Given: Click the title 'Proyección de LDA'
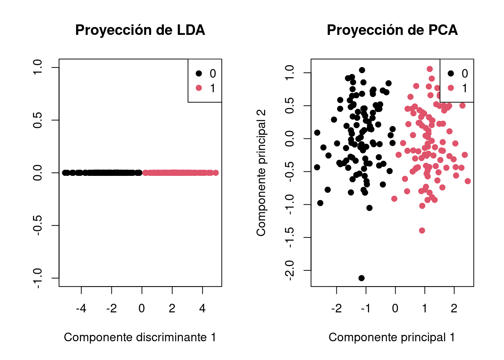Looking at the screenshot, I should (x=140, y=30).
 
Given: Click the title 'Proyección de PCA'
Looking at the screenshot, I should (x=392, y=30).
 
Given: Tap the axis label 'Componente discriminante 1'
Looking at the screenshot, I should (x=140, y=337).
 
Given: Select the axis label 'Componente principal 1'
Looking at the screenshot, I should (x=391, y=337).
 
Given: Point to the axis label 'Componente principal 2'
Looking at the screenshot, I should (x=261, y=173).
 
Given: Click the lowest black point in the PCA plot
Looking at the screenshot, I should (x=361, y=278).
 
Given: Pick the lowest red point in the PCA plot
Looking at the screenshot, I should (x=422, y=230).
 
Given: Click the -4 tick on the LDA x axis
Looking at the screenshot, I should (x=81, y=308).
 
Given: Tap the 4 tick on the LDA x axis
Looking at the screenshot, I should (x=202, y=308).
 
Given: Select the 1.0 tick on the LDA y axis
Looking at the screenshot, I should (x=37, y=67).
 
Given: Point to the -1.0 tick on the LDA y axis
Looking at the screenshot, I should (x=37, y=278).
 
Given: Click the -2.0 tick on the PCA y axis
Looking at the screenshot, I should (x=289, y=270).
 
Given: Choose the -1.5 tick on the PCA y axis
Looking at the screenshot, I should (x=289, y=237).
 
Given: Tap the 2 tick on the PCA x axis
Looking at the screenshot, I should (x=454, y=308).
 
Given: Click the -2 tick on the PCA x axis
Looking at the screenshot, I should (x=336, y=308).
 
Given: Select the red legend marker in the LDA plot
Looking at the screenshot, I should (x=199, y=88).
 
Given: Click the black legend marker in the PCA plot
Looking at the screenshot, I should (x=451, y=73).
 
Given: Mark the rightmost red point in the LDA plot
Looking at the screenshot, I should (x=216, y=173).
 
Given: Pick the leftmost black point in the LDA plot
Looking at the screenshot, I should (x=64, y=173).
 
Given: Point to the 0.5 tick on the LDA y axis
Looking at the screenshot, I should (x=37, y=120).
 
